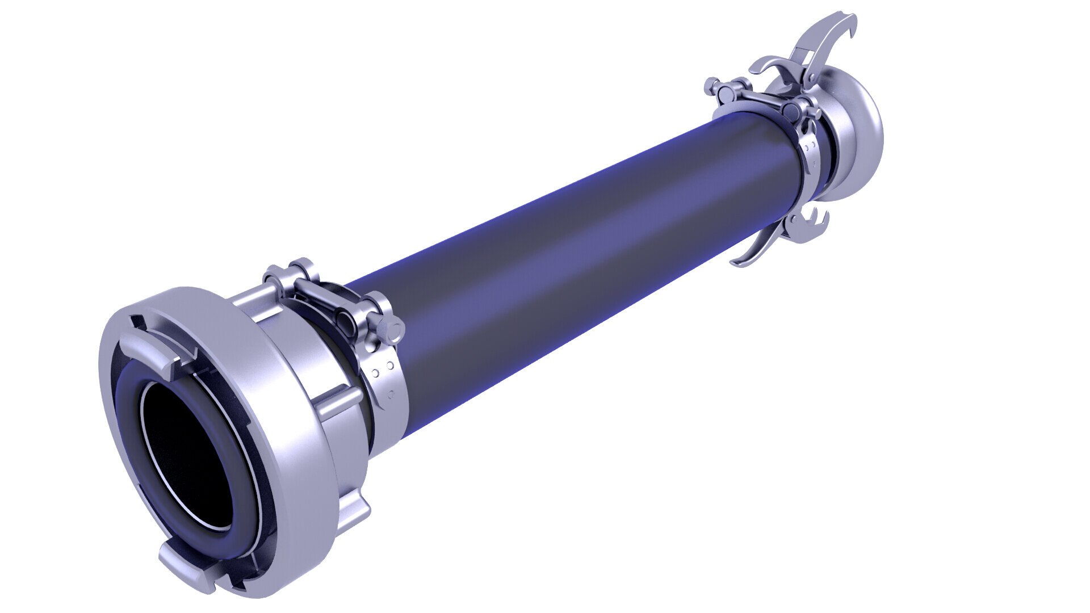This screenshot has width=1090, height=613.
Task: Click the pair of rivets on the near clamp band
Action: click(377, 371)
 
